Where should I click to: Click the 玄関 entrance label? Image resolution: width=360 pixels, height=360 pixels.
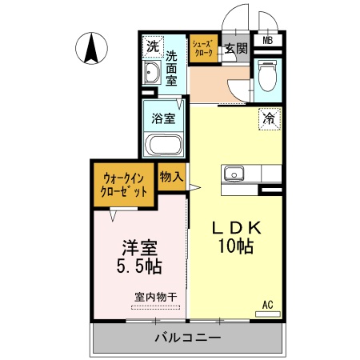tap(235, 49)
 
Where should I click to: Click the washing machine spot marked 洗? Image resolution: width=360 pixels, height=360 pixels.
tap(152, 46)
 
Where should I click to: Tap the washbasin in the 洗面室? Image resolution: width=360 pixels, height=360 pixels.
tap(152, 74)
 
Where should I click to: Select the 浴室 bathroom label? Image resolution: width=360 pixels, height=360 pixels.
tap(163, 118)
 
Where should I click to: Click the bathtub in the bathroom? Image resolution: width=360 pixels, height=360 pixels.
tap(164, 146)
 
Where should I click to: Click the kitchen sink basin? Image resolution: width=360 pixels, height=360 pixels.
tap(235, 173)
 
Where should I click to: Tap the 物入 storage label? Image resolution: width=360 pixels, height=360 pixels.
tap(171, 175)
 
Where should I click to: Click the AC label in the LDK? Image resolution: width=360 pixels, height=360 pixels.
tap(268, 305)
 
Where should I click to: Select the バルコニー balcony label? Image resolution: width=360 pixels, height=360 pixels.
tap(187, 339)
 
